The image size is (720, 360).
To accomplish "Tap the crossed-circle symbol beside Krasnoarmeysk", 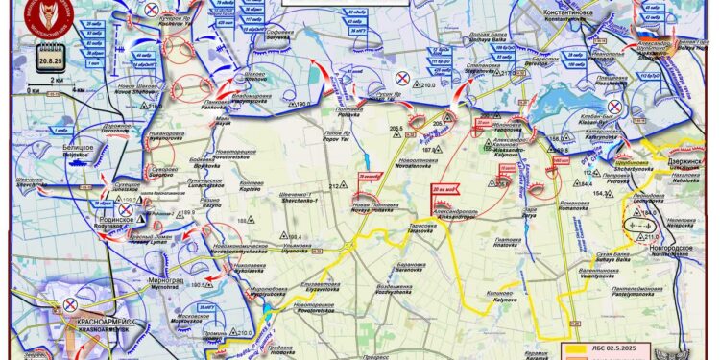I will point(70,303).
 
